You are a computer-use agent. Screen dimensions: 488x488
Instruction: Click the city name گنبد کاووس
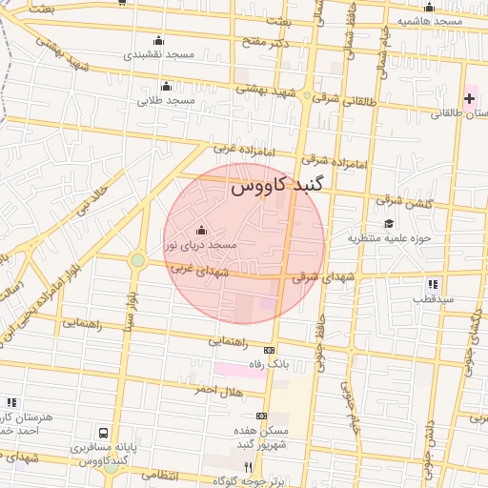(x=276, y=189)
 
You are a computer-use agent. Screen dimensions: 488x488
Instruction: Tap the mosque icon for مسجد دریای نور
(x=201, y=230)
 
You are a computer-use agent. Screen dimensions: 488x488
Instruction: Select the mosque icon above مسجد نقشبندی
(x=158, y=41)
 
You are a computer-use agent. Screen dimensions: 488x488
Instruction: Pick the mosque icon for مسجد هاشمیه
(x=429, y=7)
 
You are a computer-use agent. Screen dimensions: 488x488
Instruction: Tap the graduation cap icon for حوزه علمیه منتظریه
(x=389, y=223)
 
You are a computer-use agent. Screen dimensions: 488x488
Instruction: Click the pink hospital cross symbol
(x=470, y=98)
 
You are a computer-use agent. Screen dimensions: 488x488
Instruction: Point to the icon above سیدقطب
(x=434, y=283)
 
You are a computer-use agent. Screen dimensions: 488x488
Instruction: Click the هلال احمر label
(x=219, y=391)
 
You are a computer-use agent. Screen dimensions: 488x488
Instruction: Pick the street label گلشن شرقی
(x=404, y=202)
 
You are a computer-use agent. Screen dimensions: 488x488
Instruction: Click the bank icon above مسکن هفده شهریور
(x=262, y=417)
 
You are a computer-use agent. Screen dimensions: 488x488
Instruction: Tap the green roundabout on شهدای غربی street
(x=138, y=259)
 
